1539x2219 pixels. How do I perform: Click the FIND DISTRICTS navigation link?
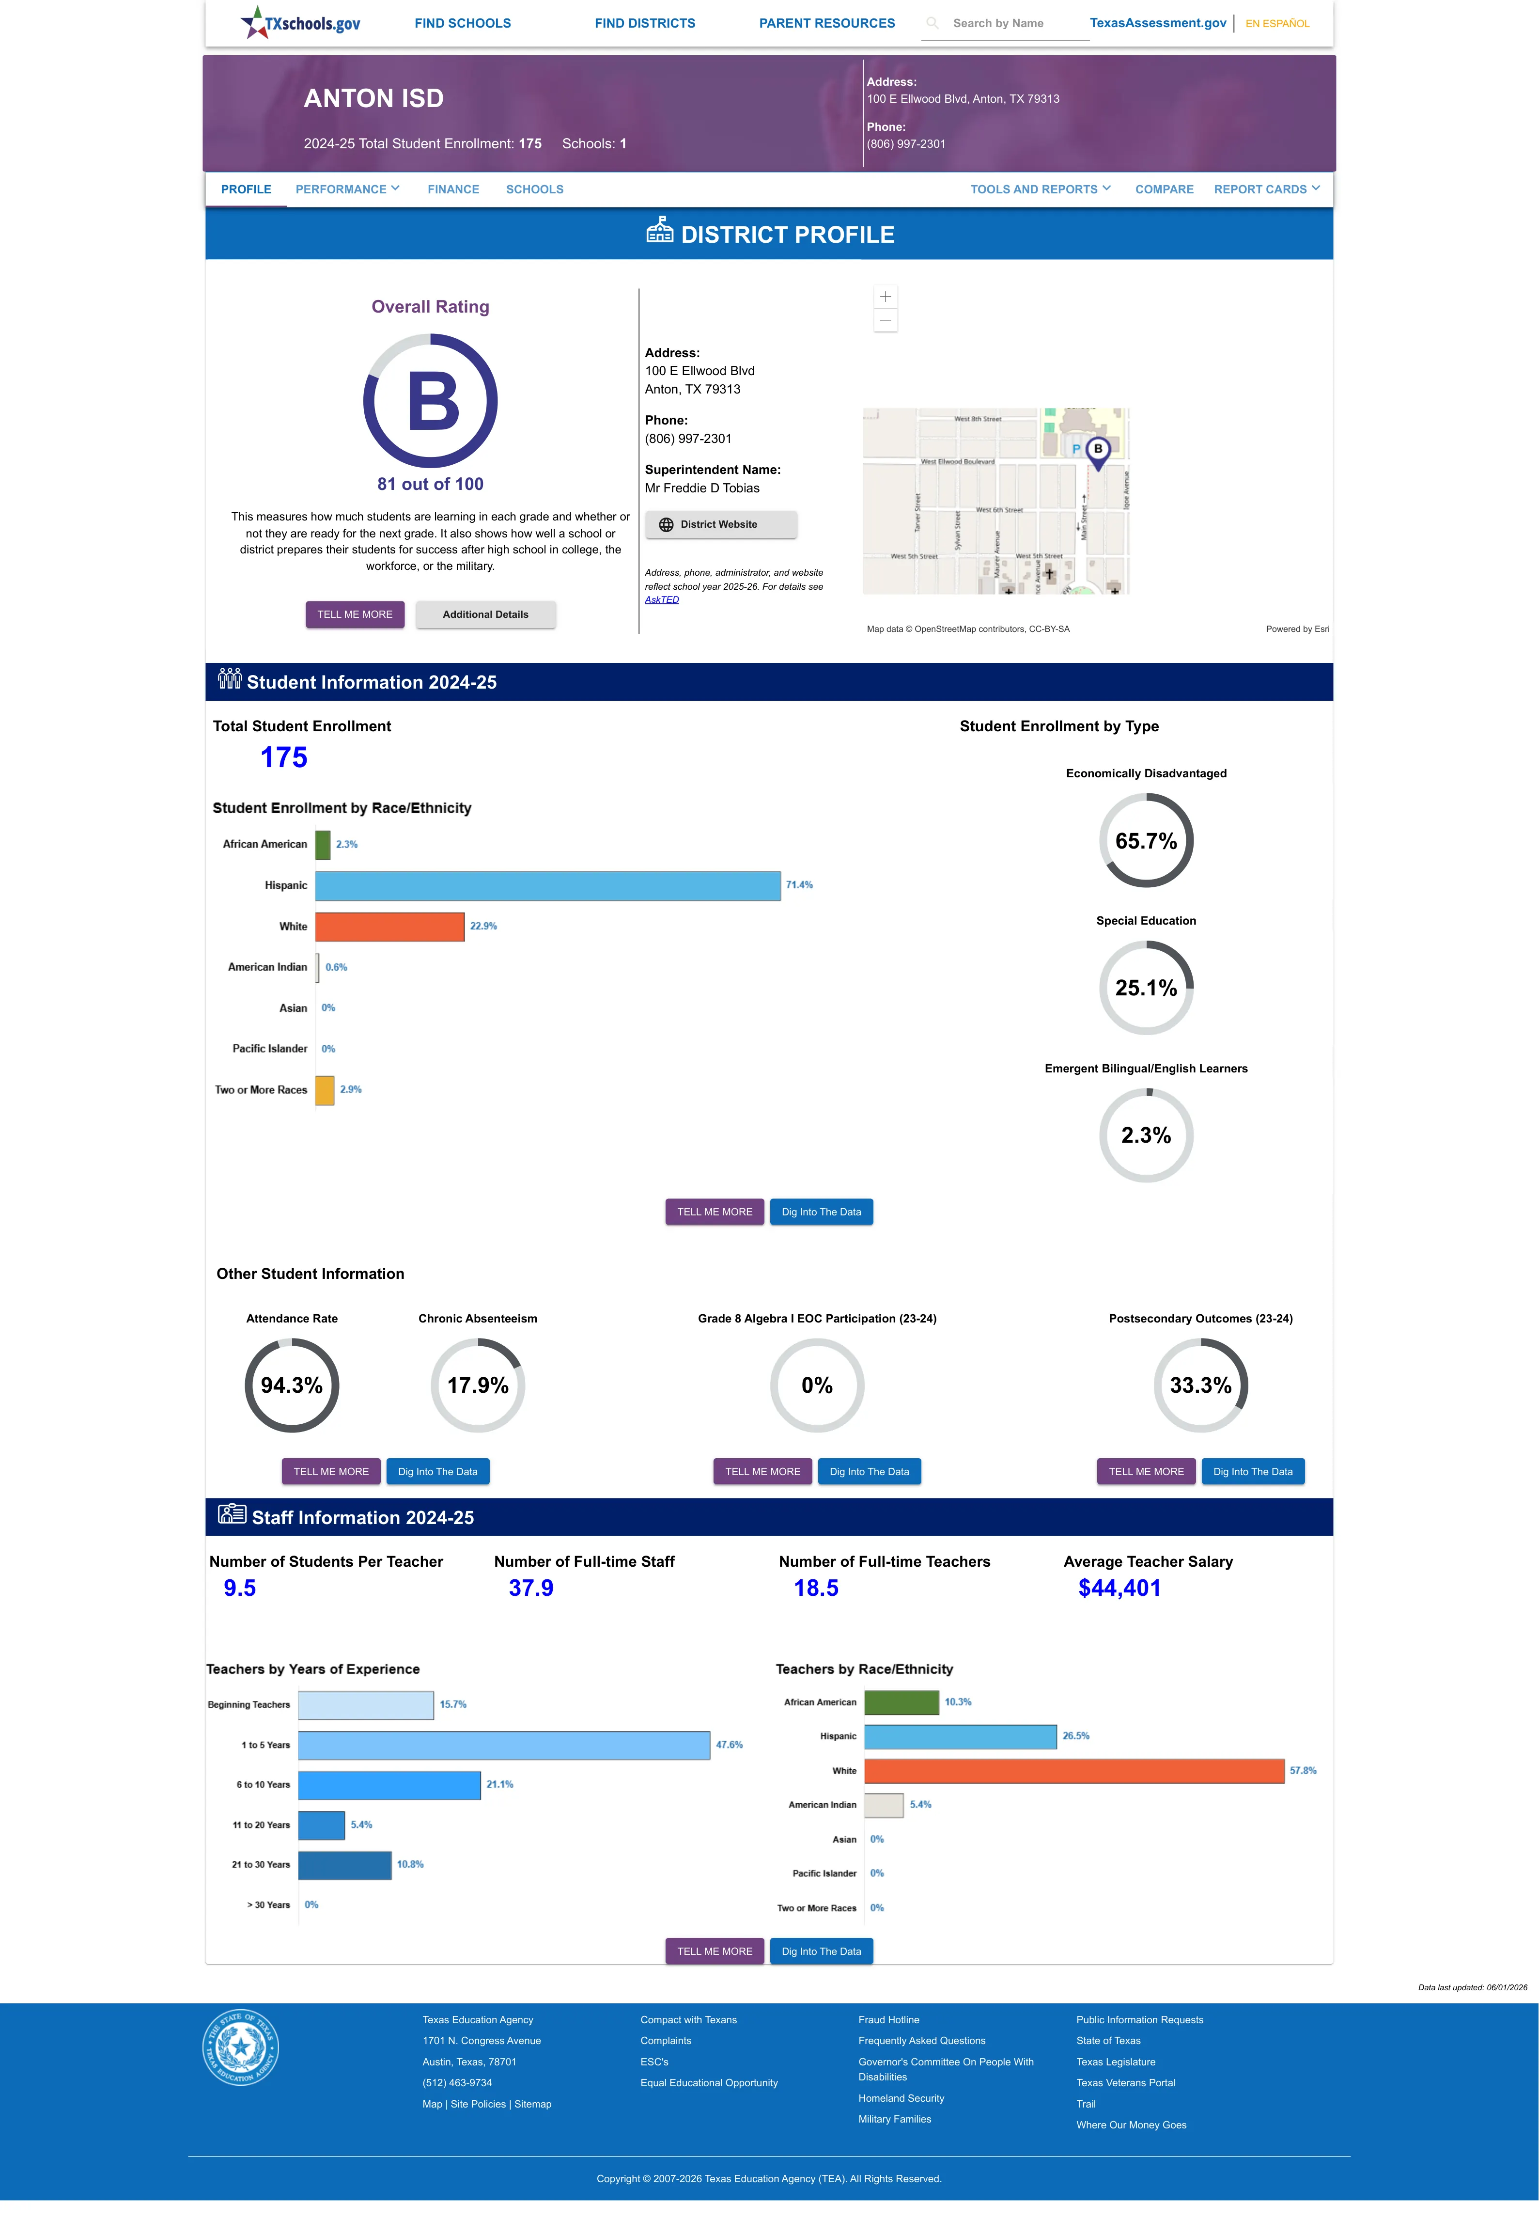pyautogui.click(x=644, y=23)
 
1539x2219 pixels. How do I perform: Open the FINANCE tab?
pyautogui.click(x=453, y=189)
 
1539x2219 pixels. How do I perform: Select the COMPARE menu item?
pyautogui.click(x=1164, y=189)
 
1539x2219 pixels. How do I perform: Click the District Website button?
pyautogui.click(x=720, y=525)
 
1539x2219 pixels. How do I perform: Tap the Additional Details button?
pyautogui.click(x=485, y=614)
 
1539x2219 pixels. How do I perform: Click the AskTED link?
pyautogui.click(x=662, y=600)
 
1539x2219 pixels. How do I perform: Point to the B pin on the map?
pyautogui.click(x=1097, y=451)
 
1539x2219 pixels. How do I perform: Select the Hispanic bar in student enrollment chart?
pyautogui.click(x=548, y=885)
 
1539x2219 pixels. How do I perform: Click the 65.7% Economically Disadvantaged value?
pyautogui.click(x=1146, y=841)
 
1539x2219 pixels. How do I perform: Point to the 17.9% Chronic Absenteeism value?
pyautogui.click(x=477, y=1385)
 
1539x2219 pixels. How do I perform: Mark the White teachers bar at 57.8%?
pyautogui.click(x=1074, y=1771)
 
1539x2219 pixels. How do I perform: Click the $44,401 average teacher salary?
pyautogui.click(x=1119, y=1588)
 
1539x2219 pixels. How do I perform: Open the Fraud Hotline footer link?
pyautogui.click(x=888, y=2019)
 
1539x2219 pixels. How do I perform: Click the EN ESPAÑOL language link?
pyautogui.click(x=1277, y=23)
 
